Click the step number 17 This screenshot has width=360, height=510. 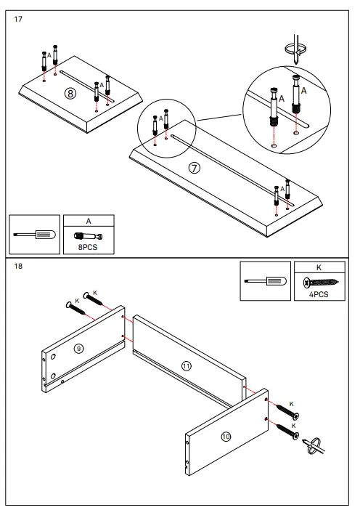point(19,19)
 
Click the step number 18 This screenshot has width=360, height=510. point(19,266)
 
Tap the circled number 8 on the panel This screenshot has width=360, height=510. point(70,93)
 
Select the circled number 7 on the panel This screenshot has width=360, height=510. point(194,167)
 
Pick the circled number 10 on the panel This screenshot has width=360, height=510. point(226,436)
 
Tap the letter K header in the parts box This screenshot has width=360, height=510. point(319,267)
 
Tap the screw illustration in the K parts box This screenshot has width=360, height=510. point(319,282)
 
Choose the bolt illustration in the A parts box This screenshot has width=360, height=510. point(87,235)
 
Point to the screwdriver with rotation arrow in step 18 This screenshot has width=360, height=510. point(320,445)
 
